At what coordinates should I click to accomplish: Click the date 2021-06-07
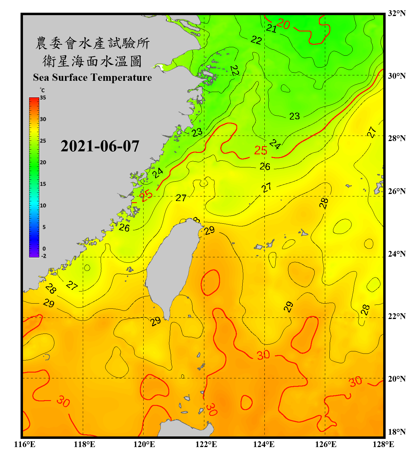click(x=100, y=146)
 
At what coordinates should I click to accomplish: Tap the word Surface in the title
click(x=70, y=77)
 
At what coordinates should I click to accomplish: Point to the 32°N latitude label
click(x=397, y=13)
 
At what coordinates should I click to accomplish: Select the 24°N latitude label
click(x=397, y=254)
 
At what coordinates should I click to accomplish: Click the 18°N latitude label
click(x=397, y=432)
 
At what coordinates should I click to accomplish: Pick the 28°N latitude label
click(x=397, y=138)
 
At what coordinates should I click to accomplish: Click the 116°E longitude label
click(x=25, y=444)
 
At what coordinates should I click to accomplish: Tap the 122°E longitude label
click(x=206, y=444)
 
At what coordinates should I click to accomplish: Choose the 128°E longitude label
click(x=383, y=444)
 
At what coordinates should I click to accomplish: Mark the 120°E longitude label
click(x=144, y=444)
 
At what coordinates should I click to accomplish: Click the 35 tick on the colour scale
click(x=43, y=98)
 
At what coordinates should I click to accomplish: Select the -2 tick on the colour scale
click(x=44, y=256)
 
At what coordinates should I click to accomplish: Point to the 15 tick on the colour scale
click(x=43, y=184)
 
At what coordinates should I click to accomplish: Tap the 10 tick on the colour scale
click(x=43, y=206)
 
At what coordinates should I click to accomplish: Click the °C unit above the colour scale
click(x=42, y=90)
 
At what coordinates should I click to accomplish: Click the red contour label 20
click(x=283, y=24)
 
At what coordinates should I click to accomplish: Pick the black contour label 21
click(x=271, y=29)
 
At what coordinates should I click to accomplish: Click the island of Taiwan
click(x=172, y=266)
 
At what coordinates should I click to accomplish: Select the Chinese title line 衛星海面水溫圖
click(x=92, y=61)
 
